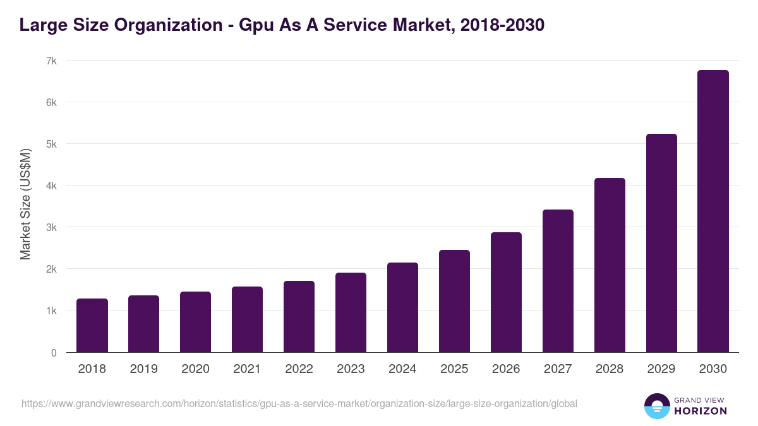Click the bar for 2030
point(713,211)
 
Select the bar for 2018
point(92,326)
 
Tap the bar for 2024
point(402,307)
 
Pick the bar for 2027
point(558,281)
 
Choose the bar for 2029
point(661,243)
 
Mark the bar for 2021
point(247,319)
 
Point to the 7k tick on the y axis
point(51,61)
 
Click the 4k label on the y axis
point(51,186)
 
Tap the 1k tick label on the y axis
point(51,311)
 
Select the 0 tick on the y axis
point(54,353)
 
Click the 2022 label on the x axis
point(299,369)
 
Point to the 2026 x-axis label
point(506,369)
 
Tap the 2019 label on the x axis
point(143,369)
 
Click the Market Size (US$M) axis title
point(25,204)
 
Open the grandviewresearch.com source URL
point(299,403)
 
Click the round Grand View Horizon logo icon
point(656,406)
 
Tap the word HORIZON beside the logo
point(701,411)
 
